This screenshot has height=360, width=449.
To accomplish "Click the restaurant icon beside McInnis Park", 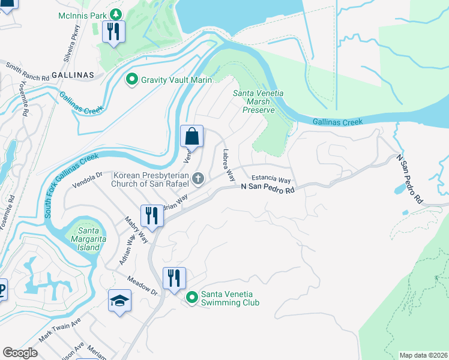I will point(113,31).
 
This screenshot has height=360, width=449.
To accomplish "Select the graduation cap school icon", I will point(119,301).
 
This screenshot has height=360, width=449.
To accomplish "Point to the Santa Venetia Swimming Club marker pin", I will point(192,297).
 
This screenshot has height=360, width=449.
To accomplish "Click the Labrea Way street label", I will point(228,166).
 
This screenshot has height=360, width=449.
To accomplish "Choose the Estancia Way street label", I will point(271,179).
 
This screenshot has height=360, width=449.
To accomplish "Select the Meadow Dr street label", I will point(141,286).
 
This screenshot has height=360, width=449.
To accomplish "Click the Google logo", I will point(20,353).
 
